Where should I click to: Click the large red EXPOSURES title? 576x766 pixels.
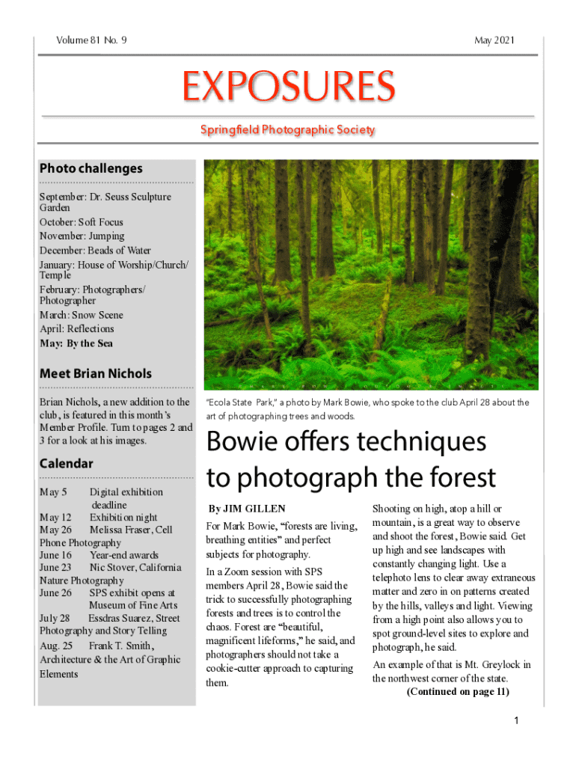[x=288, y=88]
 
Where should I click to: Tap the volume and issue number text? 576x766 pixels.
[x=91, y=40]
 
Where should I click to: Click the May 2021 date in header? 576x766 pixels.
[x=494, y=40]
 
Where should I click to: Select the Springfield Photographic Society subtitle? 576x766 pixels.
[x=287, y=130]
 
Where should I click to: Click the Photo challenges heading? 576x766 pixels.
[x=91, y=168]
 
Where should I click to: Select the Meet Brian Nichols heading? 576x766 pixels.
[x=95, y=373]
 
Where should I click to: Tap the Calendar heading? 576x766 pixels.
[x=66, y=463]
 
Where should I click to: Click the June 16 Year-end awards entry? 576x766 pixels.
[x=99, y=555]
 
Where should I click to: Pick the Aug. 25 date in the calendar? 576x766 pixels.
[x=55, y=645]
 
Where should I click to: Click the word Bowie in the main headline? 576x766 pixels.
[x=236, y=443]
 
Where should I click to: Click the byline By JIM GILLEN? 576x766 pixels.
[x=246, y=509]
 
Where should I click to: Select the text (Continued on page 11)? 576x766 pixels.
[x=458, y=691]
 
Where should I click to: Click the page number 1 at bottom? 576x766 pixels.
[x=516, y=720]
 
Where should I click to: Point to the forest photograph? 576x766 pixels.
[x=371, y=274]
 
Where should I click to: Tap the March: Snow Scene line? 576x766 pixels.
[x=81, y=315]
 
